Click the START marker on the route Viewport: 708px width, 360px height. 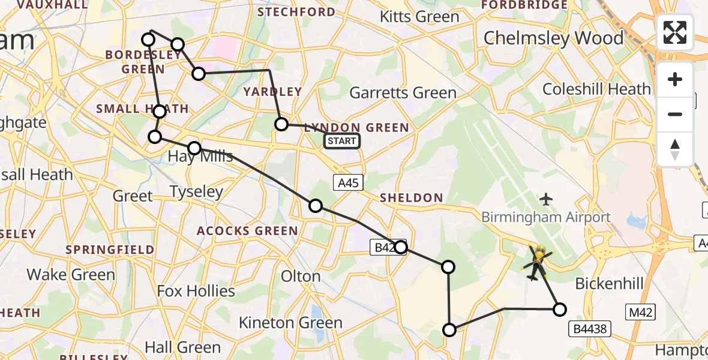coord(342,142)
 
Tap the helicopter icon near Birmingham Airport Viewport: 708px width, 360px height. coord(538,262)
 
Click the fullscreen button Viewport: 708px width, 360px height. coord(675,32)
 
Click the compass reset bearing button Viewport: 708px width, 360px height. coord(675,149)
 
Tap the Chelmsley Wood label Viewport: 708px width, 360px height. coord(553,38)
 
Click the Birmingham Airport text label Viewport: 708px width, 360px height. coord(546,217)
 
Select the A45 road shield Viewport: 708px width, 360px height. coord(348,183)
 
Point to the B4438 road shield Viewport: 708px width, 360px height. coord(592,328)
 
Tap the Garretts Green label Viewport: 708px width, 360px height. coord(403,93)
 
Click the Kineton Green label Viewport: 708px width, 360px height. coord(290,322)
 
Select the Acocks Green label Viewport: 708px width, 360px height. coord(248,231)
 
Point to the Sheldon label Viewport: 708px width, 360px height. coord(411,198)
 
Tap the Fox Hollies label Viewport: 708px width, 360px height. coord(196,292)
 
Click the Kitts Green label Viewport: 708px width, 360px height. coord(419,17)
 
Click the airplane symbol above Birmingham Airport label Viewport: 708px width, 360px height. coord(546,198)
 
